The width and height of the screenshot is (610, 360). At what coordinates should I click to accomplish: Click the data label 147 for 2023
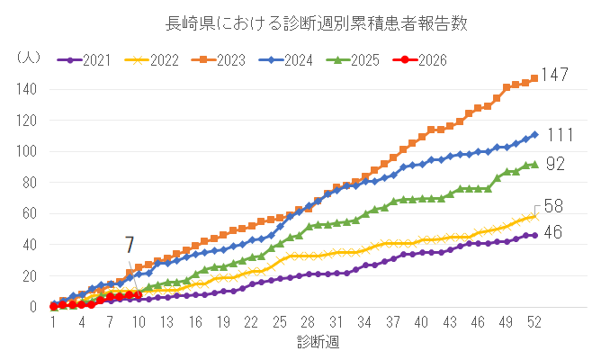pyautogui.click(x=554, y=76)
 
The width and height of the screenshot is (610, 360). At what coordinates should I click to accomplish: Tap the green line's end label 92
pyautogui.click(x=555, y=164)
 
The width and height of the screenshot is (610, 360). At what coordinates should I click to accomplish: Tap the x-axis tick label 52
pyautogui.click(x=534, y=323)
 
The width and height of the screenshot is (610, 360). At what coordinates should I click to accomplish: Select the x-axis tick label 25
pyautogui.click(x=280, y=323)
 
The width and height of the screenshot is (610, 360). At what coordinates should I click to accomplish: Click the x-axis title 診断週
pyautogui.click(x=318, y=342)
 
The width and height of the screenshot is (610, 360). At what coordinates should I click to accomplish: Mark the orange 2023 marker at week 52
pyautogui.click(x=534, y=78)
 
